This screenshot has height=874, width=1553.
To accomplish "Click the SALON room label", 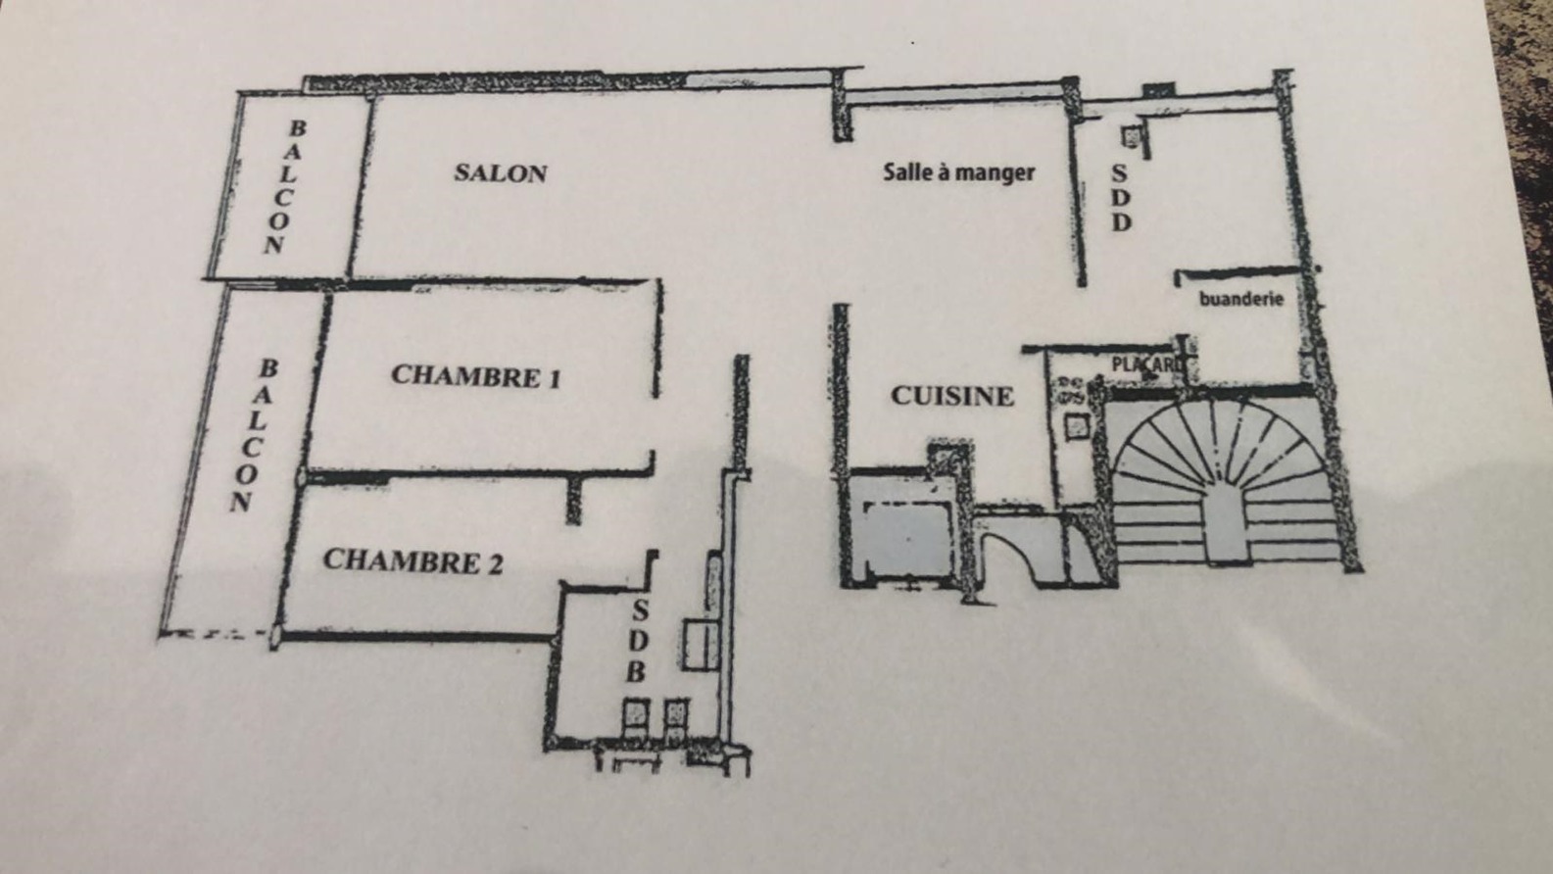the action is pos(501,173).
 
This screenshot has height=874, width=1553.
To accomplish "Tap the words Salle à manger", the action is pos(959,171).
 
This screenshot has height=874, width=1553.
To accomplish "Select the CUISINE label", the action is pos(952,396).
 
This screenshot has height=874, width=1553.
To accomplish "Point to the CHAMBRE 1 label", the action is pos(475,376).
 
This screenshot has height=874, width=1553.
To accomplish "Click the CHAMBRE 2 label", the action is pos(413,561).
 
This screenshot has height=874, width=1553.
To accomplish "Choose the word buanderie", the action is pos(1241,299).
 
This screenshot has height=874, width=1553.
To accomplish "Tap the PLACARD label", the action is pos(1145,364).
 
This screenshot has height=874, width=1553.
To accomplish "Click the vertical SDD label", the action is pos(1121,198).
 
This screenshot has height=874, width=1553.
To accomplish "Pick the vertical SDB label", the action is pos(638,641).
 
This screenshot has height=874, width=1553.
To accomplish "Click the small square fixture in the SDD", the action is pos(1131,136).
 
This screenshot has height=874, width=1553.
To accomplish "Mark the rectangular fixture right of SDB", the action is pos(701,645).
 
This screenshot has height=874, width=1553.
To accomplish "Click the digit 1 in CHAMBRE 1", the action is pos(554,378).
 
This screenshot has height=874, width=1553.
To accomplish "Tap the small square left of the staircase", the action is pos(1077,426).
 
